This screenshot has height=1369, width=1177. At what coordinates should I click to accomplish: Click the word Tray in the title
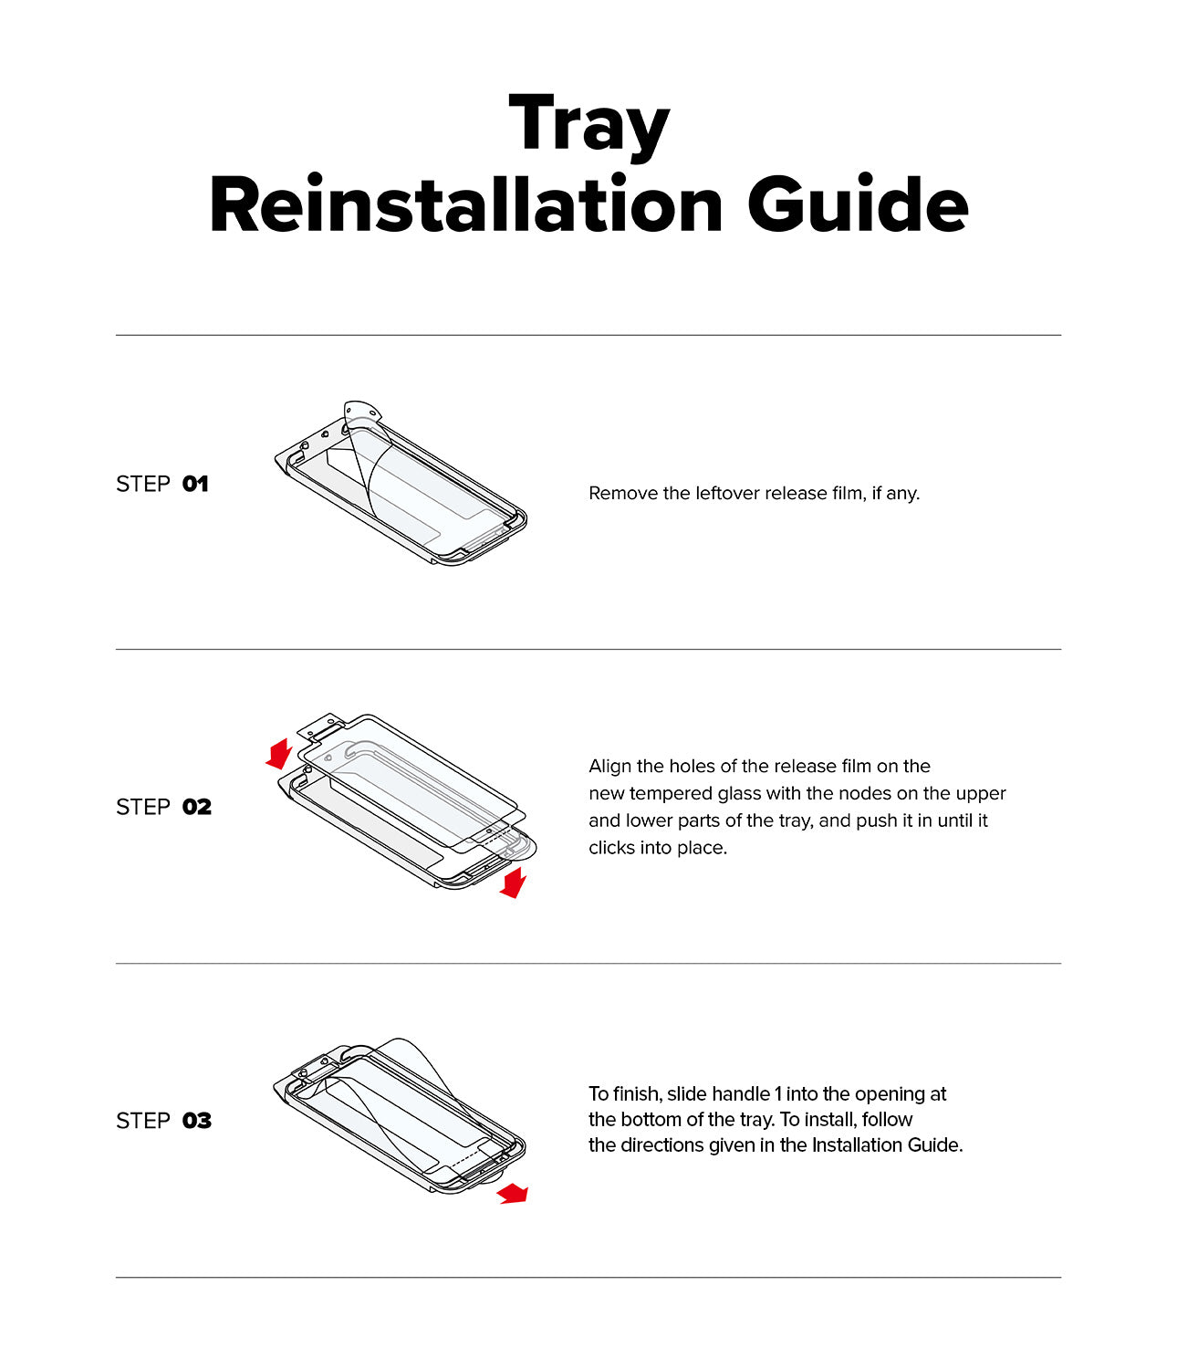tap(588, 126)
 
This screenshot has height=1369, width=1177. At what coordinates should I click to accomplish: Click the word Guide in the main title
tap(857, 205)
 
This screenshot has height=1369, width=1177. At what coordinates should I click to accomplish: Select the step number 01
tap(195, 484)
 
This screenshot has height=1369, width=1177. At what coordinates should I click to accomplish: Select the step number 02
tap(196, 807)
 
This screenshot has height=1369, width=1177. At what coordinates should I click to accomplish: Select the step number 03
tap(196, 1121)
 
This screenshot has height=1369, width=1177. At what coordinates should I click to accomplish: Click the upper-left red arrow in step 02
tap(278, 754)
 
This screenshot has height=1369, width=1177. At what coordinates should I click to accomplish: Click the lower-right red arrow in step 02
tap(514, 883)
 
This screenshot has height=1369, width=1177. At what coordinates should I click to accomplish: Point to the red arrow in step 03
tap(513, 1193)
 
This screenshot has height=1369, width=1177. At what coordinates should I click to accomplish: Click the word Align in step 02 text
tap(609, 766)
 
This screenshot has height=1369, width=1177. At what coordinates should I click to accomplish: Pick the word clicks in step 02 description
tap(610, 848)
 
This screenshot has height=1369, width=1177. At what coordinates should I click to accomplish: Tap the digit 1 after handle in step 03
tap(777, 1093)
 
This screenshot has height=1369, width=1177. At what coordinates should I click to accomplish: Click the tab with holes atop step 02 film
tap(320, 728)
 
